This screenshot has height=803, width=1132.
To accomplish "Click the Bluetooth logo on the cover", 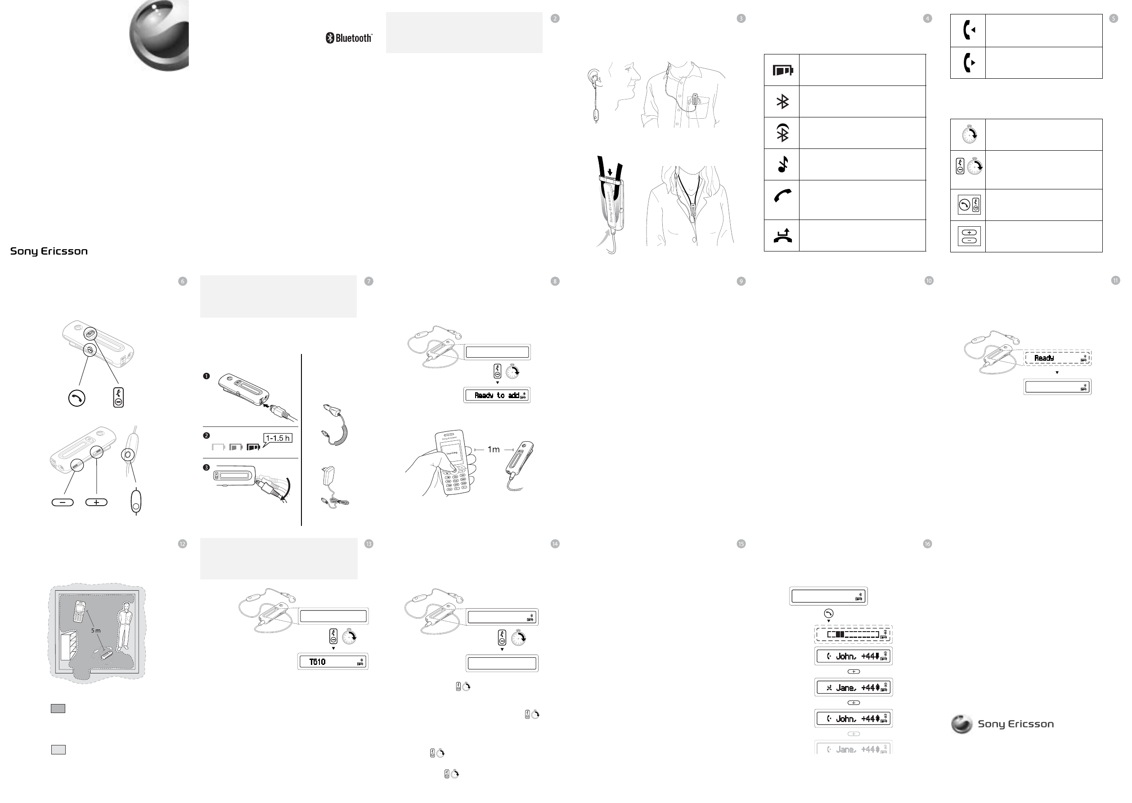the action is click(349, 38).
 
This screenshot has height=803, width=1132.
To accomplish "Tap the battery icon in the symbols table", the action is click(782, 71).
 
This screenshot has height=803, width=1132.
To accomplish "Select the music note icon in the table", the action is click(782, 164).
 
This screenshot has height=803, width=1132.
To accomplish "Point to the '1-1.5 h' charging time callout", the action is click(278, 438).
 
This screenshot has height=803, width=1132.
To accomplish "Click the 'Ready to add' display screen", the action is click(497, 395).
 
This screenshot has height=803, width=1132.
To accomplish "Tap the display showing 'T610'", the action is click(333, 662).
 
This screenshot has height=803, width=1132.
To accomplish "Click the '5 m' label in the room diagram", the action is click(96, 630).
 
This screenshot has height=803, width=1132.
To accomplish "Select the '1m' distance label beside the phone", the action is click(494, 449).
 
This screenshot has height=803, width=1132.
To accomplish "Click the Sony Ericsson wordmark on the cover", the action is click(49, 251).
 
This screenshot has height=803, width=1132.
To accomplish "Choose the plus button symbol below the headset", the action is click(96, 502).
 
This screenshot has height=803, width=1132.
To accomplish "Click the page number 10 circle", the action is click(928, 281).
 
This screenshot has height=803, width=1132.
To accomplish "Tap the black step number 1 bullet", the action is click(207, 376).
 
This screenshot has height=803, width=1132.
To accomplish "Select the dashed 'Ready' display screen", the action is click(1057, 358).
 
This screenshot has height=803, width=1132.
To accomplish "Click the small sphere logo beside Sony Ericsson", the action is click(961, 724).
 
